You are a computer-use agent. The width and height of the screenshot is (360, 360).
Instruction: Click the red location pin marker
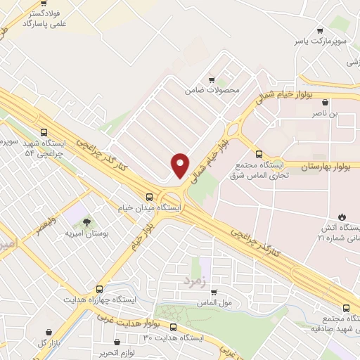click(180, 165)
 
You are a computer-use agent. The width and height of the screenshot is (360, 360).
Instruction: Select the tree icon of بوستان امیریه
click(86, 223)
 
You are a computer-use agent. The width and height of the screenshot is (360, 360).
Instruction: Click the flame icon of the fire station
click(342, 216)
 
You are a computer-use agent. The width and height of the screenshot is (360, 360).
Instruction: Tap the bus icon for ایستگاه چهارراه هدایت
click(99, 289)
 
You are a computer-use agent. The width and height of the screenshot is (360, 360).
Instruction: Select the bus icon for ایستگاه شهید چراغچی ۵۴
click(45, 131)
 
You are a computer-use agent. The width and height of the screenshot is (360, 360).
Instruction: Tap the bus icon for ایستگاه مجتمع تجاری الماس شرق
click(259, 153)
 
